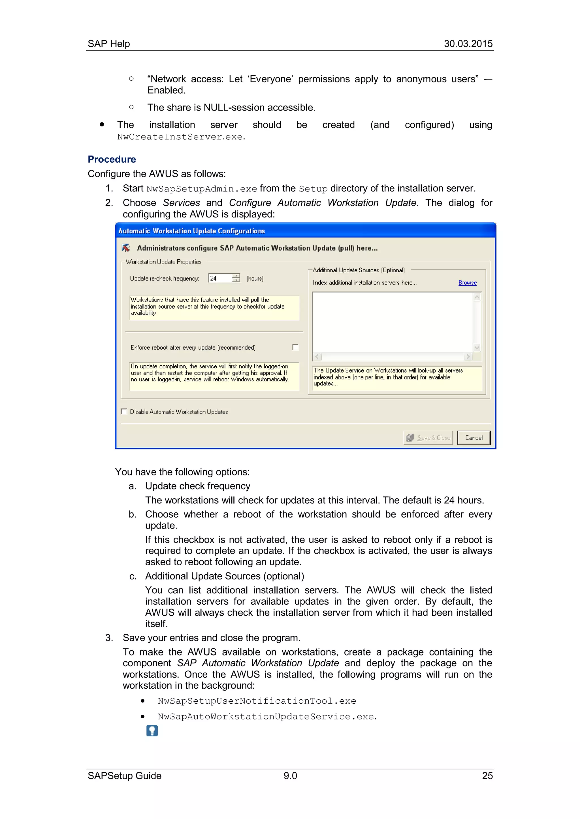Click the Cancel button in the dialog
(x=474, y=438)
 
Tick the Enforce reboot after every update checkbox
(x=295, y=347)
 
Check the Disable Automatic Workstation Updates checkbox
(x=124, y=412)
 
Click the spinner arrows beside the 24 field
(x=236, y=278)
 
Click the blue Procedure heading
(x=112, y=159)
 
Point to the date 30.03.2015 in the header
(x=468, y=44)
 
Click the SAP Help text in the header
(x=108, y=44)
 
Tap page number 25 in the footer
(x=487, y=775)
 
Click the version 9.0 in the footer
(x=290, y=775)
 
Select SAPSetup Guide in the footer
(x=124, y=775)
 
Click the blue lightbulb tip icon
(x=152, y=731)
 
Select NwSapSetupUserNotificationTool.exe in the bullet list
(x=257, y=701)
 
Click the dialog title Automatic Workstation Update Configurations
(x=191, y=231)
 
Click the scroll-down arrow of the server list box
(x=477, y=348)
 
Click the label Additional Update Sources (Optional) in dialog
(x=359, y=270)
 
